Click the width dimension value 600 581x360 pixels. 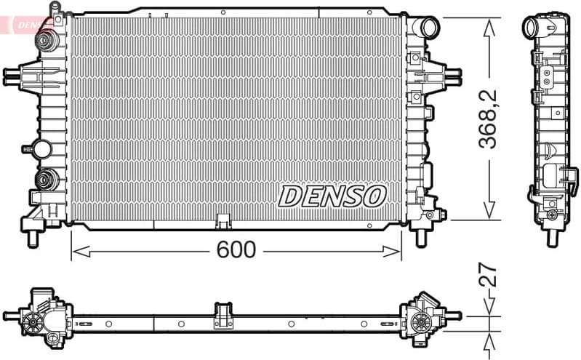236,249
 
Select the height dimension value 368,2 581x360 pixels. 489,119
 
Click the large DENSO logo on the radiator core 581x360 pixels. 332,195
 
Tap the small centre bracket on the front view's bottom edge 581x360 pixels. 223,220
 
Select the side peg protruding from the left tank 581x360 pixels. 12,74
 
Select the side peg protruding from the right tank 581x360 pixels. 452,74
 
